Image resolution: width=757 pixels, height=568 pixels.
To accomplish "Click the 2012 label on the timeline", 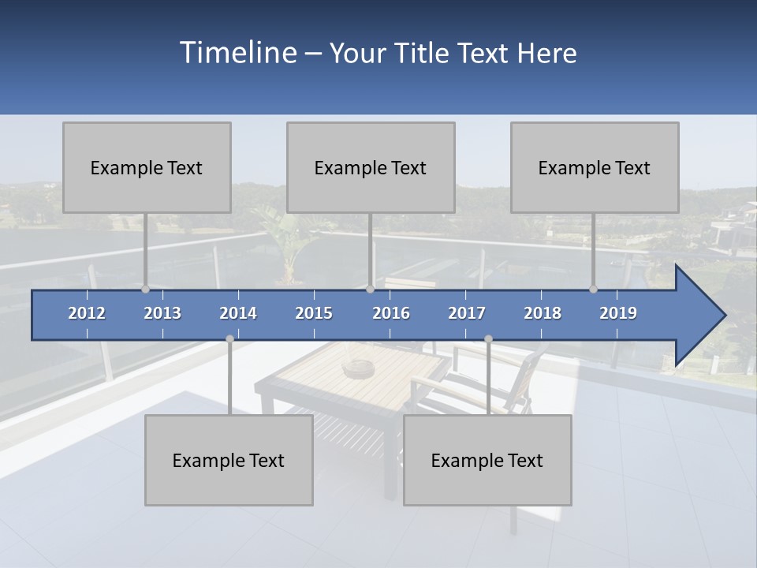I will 87,313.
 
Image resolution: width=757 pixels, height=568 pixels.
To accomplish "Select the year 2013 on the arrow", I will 162,313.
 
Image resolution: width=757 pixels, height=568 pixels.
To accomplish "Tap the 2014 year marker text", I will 238,313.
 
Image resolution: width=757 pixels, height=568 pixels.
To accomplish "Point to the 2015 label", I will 314,313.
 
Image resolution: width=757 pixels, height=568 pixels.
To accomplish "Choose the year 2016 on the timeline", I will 391,313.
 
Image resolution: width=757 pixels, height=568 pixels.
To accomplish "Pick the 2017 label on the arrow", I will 467,313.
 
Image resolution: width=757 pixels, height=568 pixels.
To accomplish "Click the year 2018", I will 543,313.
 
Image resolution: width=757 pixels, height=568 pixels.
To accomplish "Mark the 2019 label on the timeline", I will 618,313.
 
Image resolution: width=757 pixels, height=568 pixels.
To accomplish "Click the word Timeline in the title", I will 237,53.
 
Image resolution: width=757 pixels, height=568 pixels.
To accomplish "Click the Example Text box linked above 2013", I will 147,167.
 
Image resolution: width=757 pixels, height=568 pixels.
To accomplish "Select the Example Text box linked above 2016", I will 371,167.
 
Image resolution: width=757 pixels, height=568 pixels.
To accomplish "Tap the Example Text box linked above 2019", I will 595,167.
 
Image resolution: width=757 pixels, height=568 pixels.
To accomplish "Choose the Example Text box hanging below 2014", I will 229,460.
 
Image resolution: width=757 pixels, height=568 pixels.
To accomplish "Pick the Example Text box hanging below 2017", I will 487,460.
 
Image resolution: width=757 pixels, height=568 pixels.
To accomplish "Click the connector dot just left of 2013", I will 145,290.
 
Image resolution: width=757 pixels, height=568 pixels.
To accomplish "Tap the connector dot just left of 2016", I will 371,290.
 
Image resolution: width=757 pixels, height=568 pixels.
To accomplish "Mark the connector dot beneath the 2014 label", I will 229,339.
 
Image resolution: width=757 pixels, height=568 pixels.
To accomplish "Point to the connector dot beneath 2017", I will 488,339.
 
